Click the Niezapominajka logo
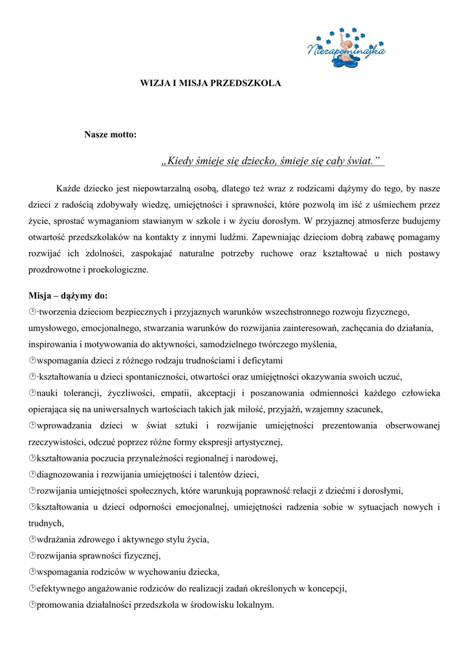pyautogui.click(x=346, y=48)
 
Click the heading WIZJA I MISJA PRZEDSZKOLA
pyautogui.click(x=211, y=83)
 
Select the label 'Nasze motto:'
pyautogui.click(x=110, y=134)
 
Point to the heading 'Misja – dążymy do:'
pyautogui.click(x=68, y=296)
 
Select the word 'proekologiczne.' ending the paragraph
pyautogui.click(x=119, y=270)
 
